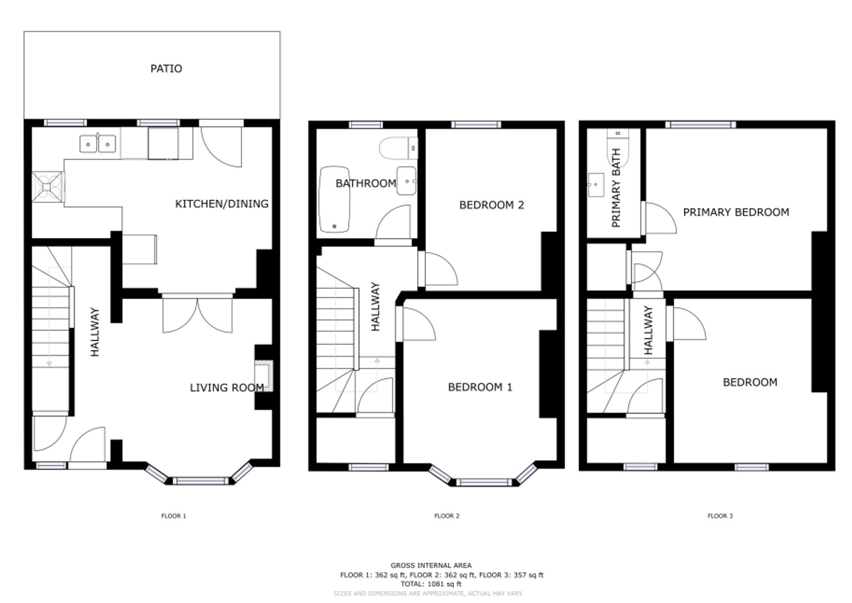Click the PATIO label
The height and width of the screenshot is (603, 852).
tap(166, 69)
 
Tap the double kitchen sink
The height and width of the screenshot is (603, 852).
tap(98, 144)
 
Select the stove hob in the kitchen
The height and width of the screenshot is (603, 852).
tap(48, 187)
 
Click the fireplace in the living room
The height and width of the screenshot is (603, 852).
tap(265, 376)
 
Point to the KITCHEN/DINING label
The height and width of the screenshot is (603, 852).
tap(222, 204)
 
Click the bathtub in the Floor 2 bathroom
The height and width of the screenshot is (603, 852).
tap(334, 199)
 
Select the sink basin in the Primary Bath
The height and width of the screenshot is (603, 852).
tap(596, 185)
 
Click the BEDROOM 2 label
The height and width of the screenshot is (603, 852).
tap(491, 205)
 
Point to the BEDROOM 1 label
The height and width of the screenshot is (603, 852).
tap(480, 387)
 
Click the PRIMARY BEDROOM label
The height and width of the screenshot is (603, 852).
tap(736, 212)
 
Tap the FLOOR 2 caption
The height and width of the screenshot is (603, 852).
tap(446, 516)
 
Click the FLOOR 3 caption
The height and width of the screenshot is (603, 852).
tap(720, 516)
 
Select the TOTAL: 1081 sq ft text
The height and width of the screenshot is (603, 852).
tap(431, 584)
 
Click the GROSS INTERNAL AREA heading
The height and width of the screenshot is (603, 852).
tap(431, 565)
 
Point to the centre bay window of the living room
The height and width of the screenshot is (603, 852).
tap(200, 481)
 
